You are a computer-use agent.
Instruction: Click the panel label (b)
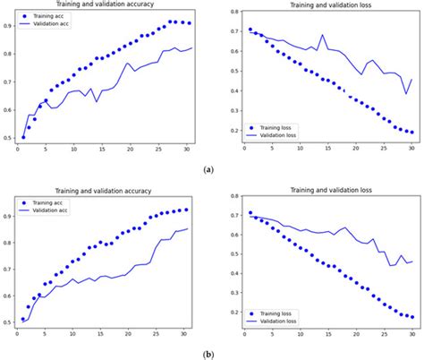[x=208, y=354]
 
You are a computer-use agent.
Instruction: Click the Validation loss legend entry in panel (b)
[x=280, y=320]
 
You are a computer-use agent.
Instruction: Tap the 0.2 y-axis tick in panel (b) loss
[x=230, y=313]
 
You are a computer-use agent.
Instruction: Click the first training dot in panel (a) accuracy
[x=23, y=138]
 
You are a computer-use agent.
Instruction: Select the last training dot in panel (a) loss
[x=411, y=132]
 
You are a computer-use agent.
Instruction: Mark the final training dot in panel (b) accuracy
[x=185, y=210]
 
